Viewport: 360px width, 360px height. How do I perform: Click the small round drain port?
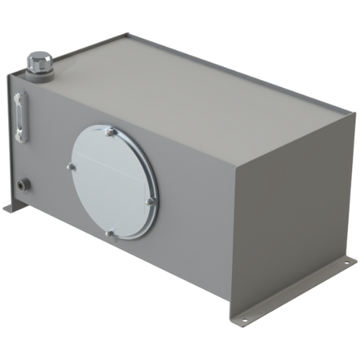coord(25,184)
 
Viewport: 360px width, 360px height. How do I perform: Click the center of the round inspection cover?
coord(113,181)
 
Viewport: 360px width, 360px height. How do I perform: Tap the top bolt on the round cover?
coord(109,132)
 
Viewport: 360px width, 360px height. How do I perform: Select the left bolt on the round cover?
coord(71,167)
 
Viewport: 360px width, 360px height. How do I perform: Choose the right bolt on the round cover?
coord(150,202)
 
